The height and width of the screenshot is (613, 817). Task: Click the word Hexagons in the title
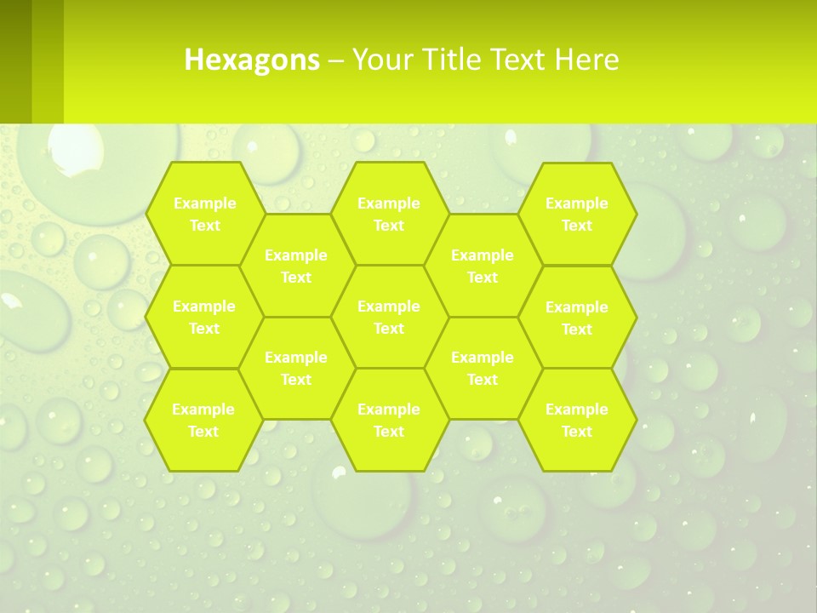(x=252, y=60)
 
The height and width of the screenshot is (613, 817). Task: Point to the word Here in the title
(x=586, y=60)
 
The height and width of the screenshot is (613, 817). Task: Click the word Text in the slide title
(x=519, y=60)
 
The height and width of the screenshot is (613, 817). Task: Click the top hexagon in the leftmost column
(x=204, y=214)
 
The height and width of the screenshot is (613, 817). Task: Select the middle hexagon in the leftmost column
(x=204, y=317)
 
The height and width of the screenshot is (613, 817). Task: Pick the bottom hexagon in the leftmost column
(x=203, y=420)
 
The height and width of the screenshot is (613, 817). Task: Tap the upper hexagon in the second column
(x=296, y=266)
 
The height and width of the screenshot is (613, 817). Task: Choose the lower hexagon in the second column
(x=296, y=368)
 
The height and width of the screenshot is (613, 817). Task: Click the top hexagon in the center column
(x=389, y=214)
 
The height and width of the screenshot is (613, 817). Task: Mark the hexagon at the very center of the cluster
(x=389, y=317)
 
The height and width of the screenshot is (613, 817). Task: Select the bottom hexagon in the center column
(x=389, y=420)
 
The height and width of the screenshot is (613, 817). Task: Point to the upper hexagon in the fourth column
(x=483, y=266)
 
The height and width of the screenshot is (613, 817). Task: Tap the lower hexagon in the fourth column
(x=483, y=368)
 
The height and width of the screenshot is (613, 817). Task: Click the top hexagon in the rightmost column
(x=577, y=214)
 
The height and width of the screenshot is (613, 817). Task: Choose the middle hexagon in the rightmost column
(x=577, y=318)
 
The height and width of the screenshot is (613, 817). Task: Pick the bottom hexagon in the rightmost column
(x=577, y=420)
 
